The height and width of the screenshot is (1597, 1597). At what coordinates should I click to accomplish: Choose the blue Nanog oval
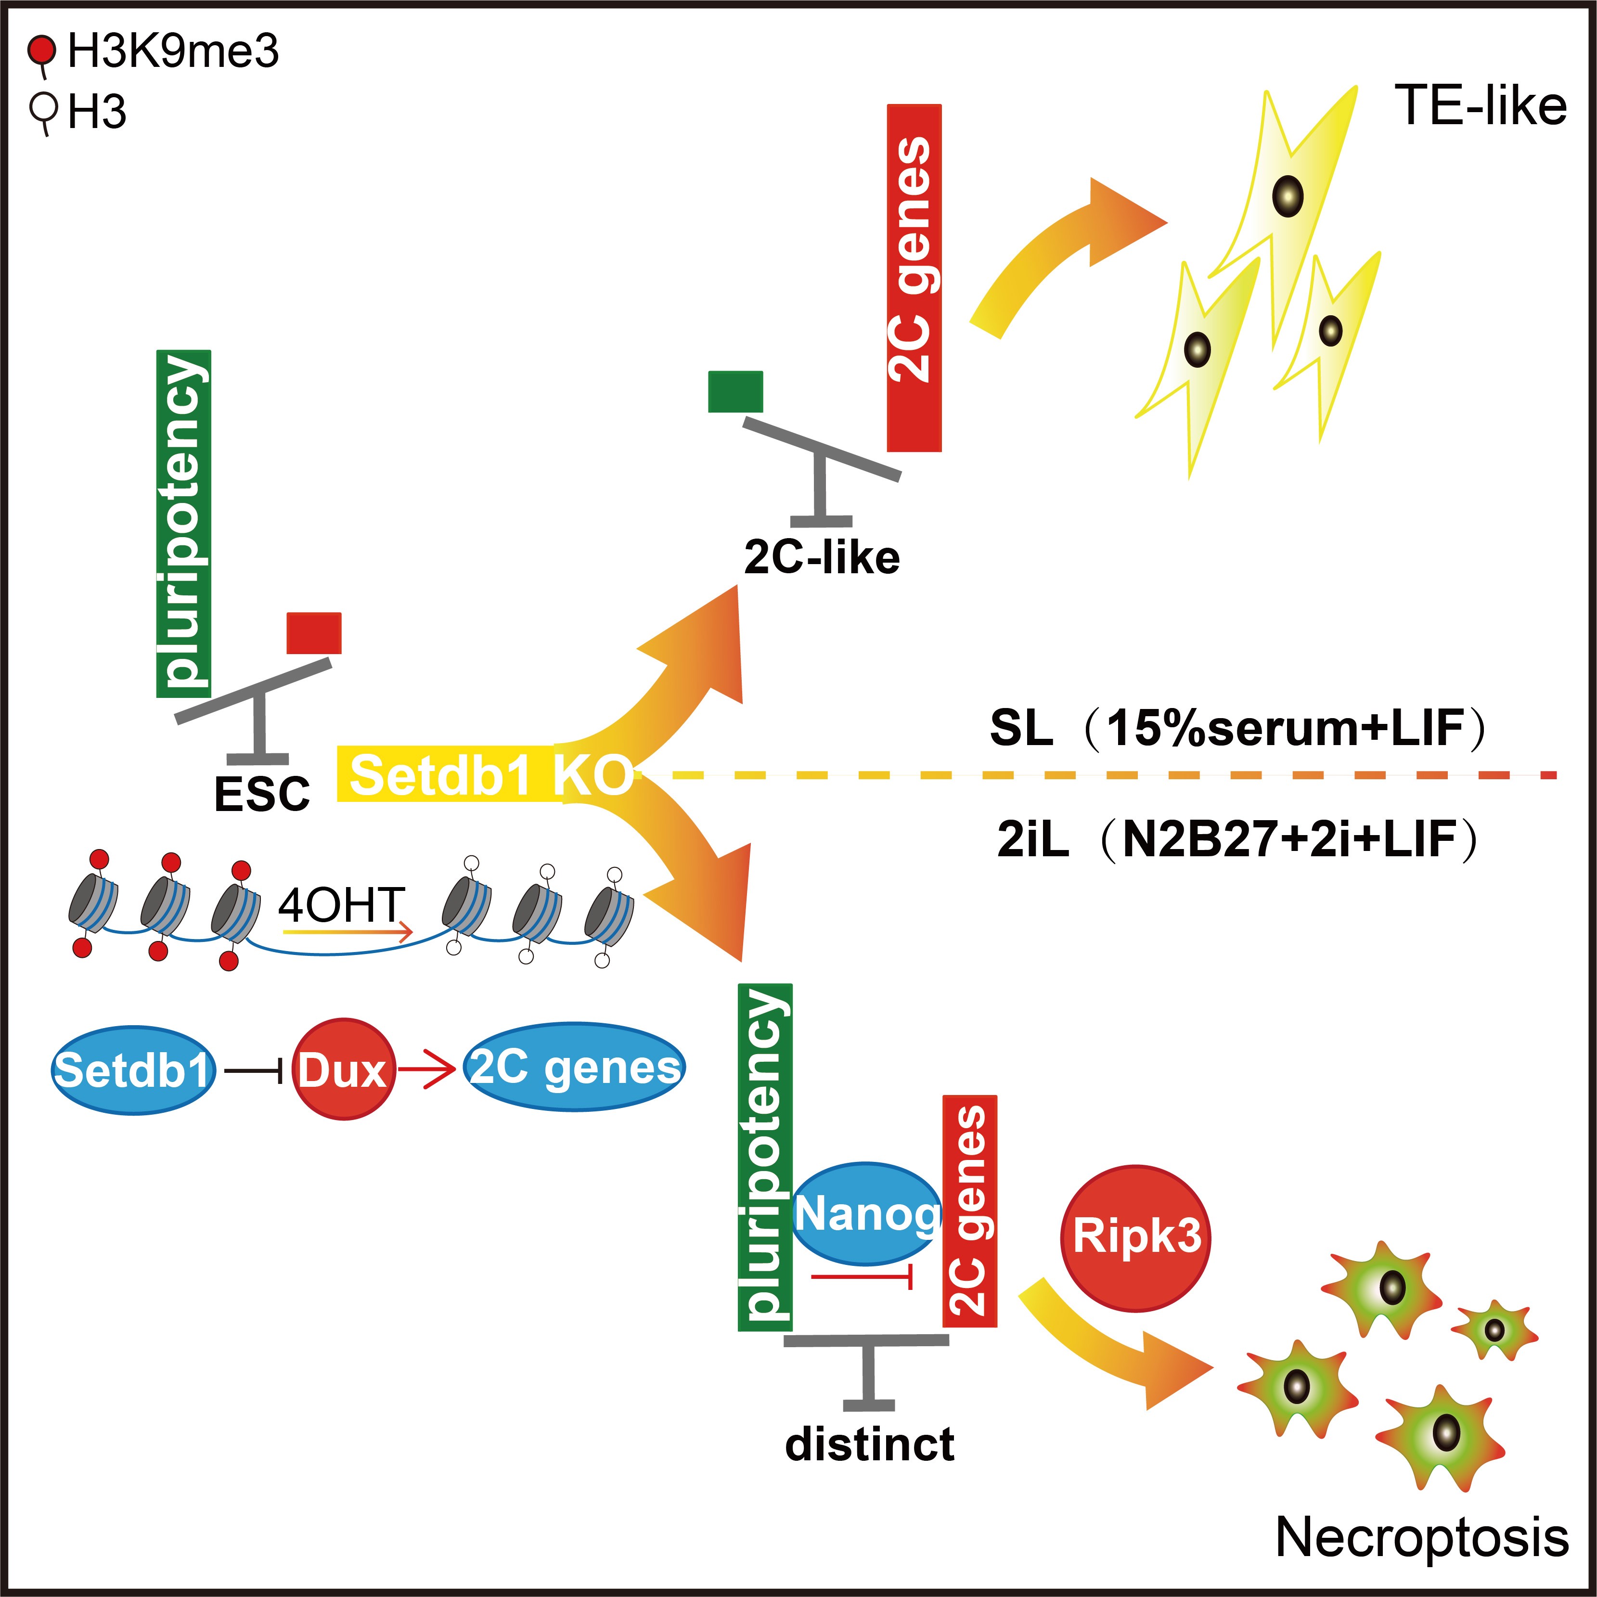pyautogui.click(x=866, y=1213)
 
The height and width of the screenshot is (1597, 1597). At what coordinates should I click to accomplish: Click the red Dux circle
pyautogui.click(x=343, y=1069)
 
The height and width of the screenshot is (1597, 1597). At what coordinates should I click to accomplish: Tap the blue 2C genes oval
pyautogui.click(x=575, y=1067)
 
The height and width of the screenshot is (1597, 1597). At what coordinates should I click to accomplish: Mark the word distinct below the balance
pyautogui.click(x=870, y=1443)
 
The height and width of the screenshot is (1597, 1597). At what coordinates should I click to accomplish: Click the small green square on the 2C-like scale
pyautogui.click(x=735, y=392)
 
